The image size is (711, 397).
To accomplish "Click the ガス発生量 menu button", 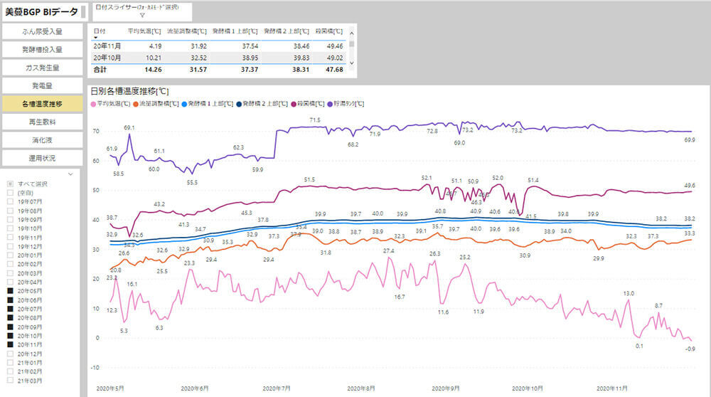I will point(42,68).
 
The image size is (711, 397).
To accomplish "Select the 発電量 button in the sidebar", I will point(42,86).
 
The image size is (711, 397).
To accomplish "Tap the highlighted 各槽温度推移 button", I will point(42,104).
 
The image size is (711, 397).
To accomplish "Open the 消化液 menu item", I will point(42,139).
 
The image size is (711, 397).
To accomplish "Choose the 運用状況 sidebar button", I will point(42,157).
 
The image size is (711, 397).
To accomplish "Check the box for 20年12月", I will point(10,354).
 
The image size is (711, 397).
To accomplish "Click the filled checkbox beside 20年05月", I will point(10,291).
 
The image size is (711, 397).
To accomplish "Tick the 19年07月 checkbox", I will point(10,201).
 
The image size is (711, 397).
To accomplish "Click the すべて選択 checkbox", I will point(10,184).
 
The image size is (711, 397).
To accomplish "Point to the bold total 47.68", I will point(333,70).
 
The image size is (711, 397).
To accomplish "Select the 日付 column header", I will point(100,31).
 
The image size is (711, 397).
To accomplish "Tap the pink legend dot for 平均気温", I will point(94,104).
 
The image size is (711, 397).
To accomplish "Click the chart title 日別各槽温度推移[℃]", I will point(129,91).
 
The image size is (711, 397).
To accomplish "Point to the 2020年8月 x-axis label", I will point(361,388).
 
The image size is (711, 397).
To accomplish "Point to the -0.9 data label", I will point(690,349).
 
